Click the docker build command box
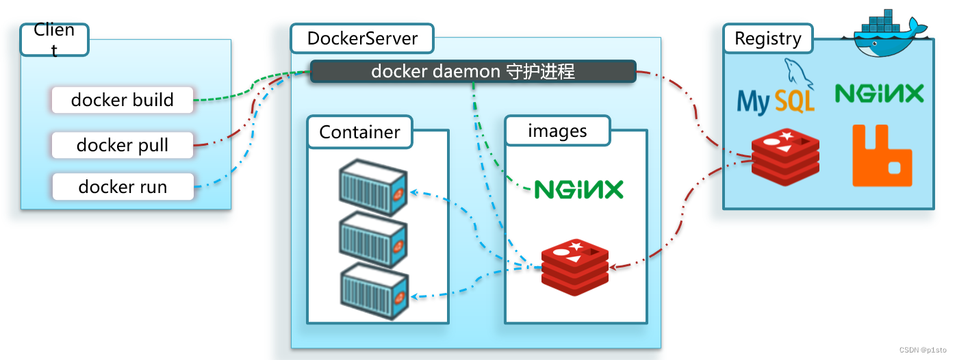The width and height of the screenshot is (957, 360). [x=123, y=101]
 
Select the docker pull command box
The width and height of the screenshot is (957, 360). [x=123, y=145]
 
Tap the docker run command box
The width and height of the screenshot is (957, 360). [x=123, y=187]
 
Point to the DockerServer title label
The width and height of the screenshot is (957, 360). [x=362, y=38]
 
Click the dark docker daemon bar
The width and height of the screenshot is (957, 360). [x=473, y=71]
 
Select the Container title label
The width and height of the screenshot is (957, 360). [x=359, y=131]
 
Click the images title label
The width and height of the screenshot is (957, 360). [x=557, y=131]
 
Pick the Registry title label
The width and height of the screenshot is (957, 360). [x=767, y=39]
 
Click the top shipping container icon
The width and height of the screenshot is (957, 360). [x=374, y=188]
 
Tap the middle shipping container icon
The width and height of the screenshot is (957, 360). [x=374, y=240]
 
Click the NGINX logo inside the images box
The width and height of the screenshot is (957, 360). [x=578, y=190]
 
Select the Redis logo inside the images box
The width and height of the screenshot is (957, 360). [x=575, y=268]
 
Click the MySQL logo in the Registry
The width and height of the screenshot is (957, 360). [x=776, y=92]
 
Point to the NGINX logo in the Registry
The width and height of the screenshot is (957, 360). [x=879, y=93]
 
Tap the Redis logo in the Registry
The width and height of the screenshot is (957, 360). [x=785, y=157]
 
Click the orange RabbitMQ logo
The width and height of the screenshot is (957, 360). [x=882, y=156]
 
